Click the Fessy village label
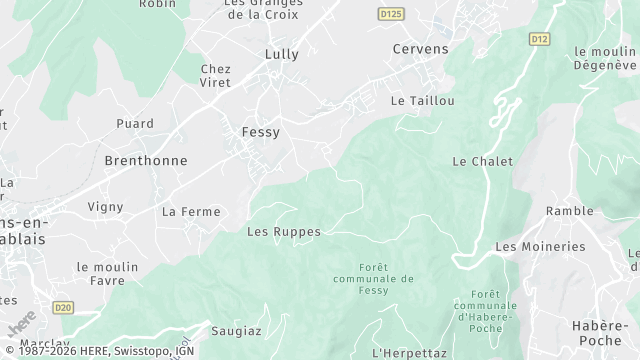pos(261,132)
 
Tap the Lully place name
pos(282,54)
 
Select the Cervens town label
pos(421,49)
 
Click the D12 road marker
pos(540,39)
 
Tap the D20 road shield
pos(64,307)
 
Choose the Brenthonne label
pos(146,160)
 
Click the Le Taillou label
pos(423,101)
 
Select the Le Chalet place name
pos(482,161)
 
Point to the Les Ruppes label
pos(284,232)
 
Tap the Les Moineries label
pos(540,247)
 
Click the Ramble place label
pos(570,212)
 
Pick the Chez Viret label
pos(216,76)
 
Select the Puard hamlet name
pos(135,124)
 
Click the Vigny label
pos(105,207)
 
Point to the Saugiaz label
pos(236,330)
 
